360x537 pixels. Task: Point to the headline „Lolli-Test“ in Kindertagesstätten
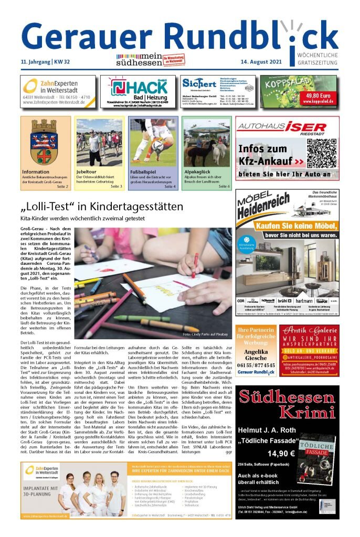click(102, 207)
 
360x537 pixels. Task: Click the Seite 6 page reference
click(224, 186)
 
